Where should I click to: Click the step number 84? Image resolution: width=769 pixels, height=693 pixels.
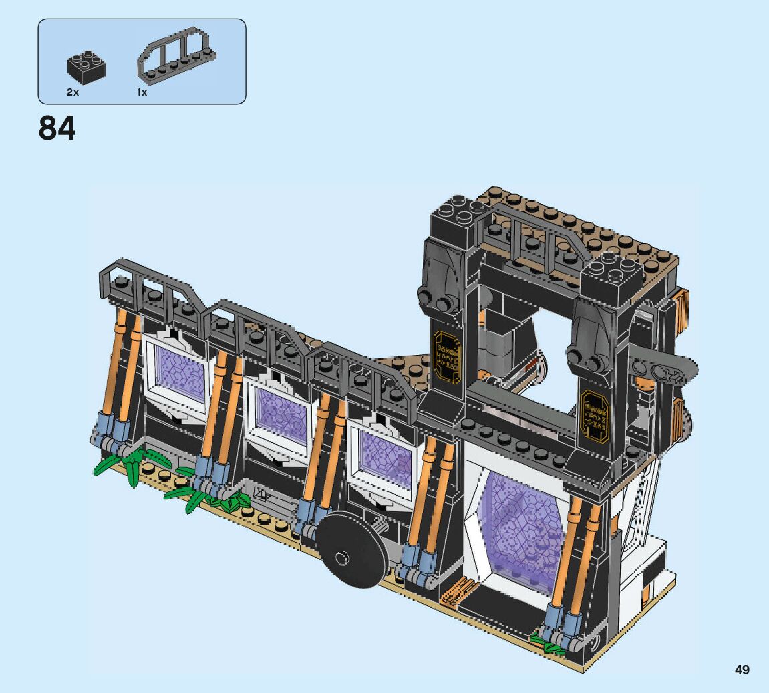click(x=57, y=128)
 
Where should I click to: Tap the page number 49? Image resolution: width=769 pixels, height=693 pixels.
click(x=742, y=670)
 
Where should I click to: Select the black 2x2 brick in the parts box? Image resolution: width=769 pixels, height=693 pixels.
click(x=86, y=65)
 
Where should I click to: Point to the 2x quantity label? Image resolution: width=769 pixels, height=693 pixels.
click(x=73, y=92)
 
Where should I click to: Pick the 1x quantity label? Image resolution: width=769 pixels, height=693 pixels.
click(x=142, y=92)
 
